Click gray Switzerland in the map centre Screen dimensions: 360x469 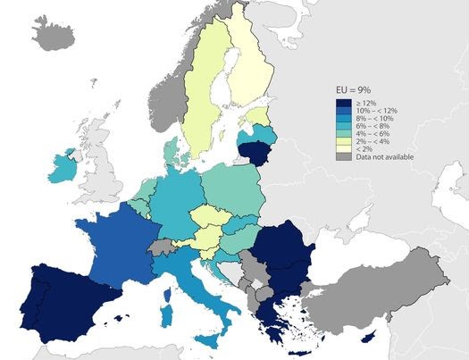[161, 246]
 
